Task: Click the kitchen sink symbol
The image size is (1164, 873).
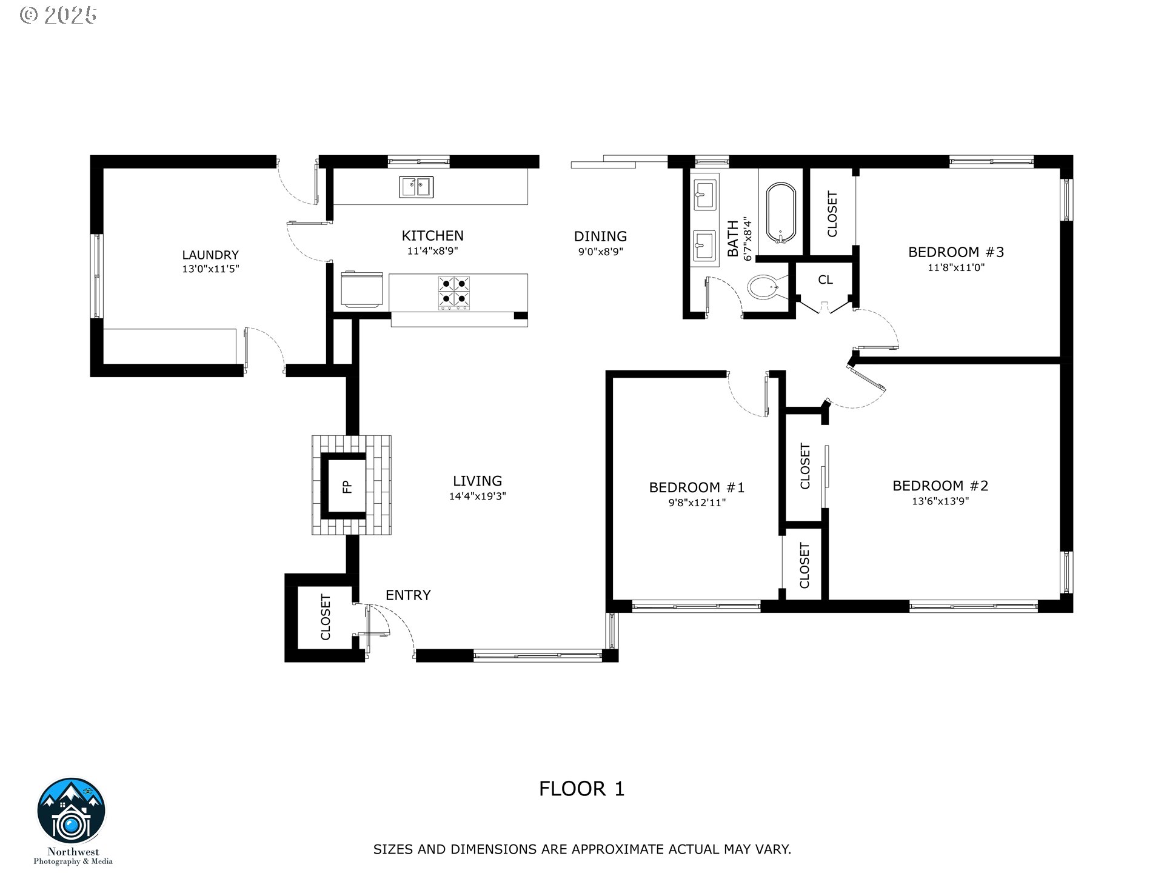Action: tap(416, 187)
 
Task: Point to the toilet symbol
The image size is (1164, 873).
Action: tap(766, 287)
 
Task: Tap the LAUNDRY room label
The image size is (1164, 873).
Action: tap(210, 255)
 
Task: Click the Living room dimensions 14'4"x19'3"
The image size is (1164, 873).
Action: tap(478, 497)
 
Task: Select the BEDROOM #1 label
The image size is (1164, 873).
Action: tap(697, 487)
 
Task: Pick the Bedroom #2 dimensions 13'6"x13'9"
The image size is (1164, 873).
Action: tap(940, 501)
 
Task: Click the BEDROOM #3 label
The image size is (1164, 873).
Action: tap(956, 252)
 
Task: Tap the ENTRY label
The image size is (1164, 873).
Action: tap(408, 595)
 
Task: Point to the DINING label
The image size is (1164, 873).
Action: tap(600, 236)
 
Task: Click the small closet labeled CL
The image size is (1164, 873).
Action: tap(825, 280)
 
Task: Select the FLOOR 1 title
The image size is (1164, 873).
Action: tap(582, 789)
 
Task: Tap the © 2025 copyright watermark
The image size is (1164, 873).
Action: tap(58, 15)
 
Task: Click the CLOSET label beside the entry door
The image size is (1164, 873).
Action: tap(326, 617)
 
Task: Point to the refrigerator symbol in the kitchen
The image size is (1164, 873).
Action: tap(362, 289)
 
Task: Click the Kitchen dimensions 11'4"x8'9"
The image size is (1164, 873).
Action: tap(432, 251)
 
